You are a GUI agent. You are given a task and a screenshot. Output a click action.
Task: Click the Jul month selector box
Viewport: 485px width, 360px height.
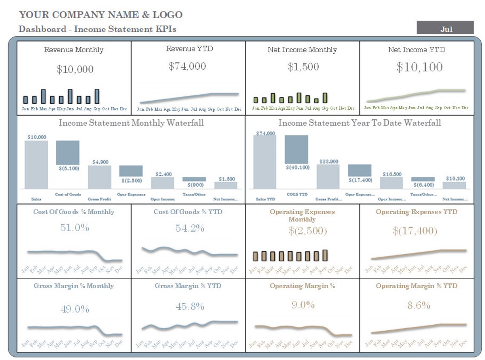click(x=445, y=28)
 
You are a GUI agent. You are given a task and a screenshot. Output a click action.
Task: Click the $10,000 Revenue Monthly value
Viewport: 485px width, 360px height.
click(x=75, y=70)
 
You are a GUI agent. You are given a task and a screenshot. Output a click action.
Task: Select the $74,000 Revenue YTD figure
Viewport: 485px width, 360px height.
click(x=187, y=66)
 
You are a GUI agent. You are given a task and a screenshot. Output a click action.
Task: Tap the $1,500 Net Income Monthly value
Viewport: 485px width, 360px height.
click(x=303, y=67)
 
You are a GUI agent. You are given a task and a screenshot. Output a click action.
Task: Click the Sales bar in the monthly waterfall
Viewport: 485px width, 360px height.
click(x=36, y=165)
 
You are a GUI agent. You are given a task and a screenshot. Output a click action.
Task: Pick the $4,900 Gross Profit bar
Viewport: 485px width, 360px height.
click(x=100, y=177)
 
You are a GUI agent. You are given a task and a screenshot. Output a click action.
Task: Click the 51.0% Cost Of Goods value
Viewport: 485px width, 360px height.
click(x=74, y=228)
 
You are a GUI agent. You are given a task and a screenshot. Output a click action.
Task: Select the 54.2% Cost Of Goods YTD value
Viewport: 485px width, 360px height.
click(x=190, y=228)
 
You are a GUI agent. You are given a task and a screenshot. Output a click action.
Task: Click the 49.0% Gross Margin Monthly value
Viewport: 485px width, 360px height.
click(x=74, y=309)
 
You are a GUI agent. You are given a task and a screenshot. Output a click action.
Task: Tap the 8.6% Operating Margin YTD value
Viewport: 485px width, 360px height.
click(x=419, y=306)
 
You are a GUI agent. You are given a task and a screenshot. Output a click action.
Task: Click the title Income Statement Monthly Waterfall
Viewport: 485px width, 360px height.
click(x=131, y=123)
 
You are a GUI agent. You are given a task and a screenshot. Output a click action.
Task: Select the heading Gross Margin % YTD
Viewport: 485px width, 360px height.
click(x=188, y=286)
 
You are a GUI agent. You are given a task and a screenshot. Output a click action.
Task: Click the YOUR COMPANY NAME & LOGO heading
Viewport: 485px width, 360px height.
click(x=101, y=15)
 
